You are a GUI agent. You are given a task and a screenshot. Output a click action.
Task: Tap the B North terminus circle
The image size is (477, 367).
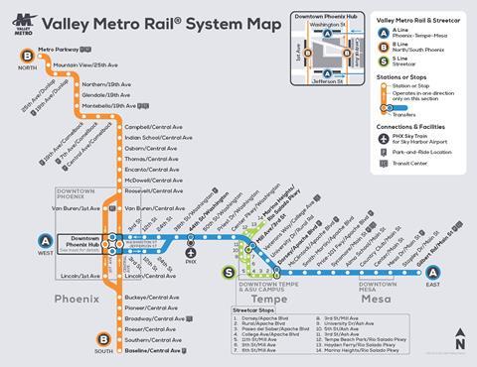22,55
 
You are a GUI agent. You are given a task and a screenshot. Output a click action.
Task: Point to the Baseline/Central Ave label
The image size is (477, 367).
156,350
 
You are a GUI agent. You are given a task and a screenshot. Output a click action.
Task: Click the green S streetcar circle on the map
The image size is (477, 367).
257,272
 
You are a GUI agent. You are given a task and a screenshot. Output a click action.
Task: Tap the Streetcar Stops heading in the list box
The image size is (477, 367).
261,310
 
